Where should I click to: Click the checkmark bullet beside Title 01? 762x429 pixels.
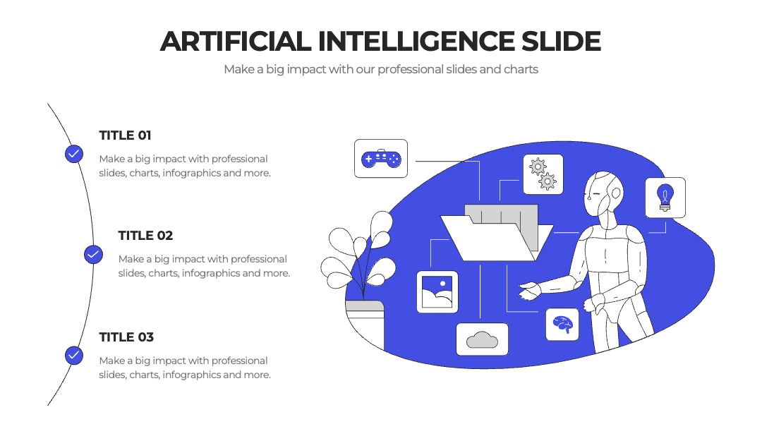[x=74, y=154]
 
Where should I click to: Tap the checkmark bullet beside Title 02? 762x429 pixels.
[x=93, y=255]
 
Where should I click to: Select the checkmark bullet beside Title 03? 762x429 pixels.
[x=74, y=356]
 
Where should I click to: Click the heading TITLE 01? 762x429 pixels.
[x=125, y=135]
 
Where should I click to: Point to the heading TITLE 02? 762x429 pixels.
[x=145, y=236]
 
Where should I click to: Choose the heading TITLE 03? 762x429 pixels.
[x=126, y=337]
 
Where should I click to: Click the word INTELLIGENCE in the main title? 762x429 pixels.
[x=416, y=42]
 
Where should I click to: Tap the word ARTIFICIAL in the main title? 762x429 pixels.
[x=236, y=42]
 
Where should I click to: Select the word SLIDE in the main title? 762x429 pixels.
[x=562, y=42]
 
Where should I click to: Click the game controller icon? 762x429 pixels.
[x=381, y=159]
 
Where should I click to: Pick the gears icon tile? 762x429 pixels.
[x=543, y=174]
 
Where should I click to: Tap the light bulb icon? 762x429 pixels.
[x=665, y=198]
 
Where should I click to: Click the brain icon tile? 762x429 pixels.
[x=563, y=325]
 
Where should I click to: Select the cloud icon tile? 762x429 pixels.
[x=482, y=339]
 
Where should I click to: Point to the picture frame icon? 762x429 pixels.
[x=437, y=292]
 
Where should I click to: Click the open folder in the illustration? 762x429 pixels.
[x=497, y=234]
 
